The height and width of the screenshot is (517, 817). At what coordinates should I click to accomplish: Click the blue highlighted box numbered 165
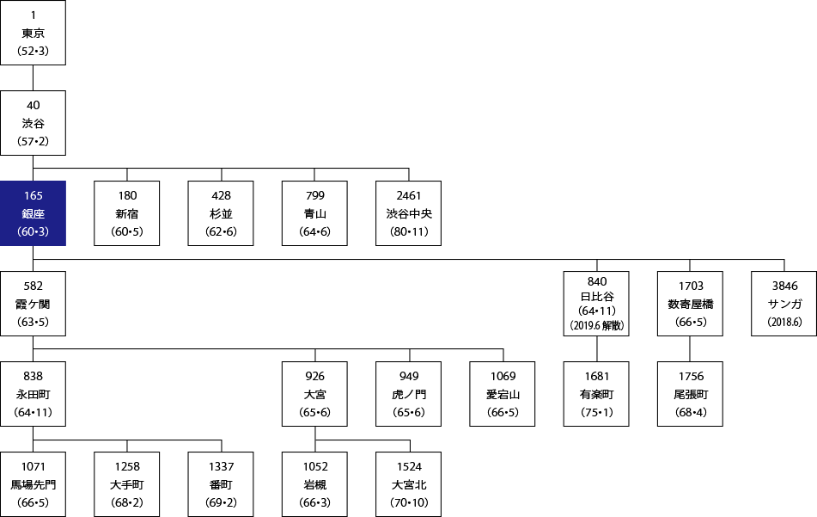[x=33, y=213]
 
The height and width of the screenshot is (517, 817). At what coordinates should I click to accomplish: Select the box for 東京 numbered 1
[x=33, y=33]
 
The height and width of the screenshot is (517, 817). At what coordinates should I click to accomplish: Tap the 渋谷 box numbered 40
[x=33, y=123]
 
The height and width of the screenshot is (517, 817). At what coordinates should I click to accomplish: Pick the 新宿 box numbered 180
[x=126, y=213]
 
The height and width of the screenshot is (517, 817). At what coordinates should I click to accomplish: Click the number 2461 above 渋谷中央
[x=409, y=195]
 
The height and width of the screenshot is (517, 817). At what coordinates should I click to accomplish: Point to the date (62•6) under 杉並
[x=221, y=231]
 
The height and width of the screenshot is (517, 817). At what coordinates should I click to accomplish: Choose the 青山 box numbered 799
[x=314, y=213]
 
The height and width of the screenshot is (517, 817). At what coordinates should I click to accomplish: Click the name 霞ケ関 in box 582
[x=33, y=304]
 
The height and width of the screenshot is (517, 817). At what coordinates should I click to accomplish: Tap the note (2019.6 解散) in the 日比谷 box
[x=596, y=325]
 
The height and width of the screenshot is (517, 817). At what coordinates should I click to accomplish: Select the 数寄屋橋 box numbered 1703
[x=690, y=304]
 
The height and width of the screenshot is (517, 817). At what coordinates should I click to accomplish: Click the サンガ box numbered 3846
[x=783, y=304]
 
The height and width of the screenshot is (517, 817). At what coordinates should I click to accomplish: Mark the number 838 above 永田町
[x=33, y=376]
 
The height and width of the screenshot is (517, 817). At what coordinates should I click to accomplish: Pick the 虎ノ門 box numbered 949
[x=409, y=394]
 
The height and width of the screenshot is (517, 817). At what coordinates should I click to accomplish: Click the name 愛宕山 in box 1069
[x=503, y=394]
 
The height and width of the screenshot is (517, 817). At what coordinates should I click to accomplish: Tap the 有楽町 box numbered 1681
[x=596, y=394]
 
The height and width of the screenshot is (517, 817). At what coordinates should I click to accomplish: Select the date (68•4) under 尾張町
[x=691, y=412]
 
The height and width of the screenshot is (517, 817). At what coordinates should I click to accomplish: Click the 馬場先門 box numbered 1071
[x=33, y=484]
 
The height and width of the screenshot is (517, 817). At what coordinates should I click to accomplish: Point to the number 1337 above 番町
[x=221, y=466]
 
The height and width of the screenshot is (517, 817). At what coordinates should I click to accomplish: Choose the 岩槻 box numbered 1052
[x=314, y=484]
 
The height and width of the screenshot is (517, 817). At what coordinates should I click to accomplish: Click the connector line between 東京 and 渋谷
[x=33, y=77]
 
